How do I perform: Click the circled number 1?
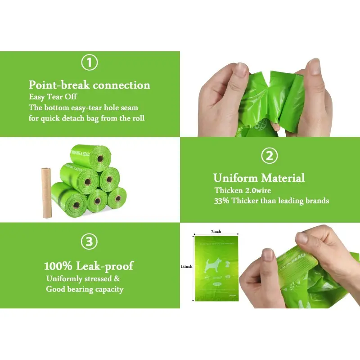coord(89,63)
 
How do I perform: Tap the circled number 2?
coord(269,156)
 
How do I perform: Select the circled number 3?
coord(89,242)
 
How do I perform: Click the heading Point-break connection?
coord(90,85)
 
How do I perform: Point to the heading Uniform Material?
coord(259,178)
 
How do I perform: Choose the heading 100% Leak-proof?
coord(89,266)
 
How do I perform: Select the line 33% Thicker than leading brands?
coord(271,200)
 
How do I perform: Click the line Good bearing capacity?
coord(85,289)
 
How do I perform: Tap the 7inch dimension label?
coord(216,231)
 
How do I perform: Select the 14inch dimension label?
coord(186,266)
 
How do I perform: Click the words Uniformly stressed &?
coord(83,279)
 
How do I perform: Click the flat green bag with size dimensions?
coord(215,268)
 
